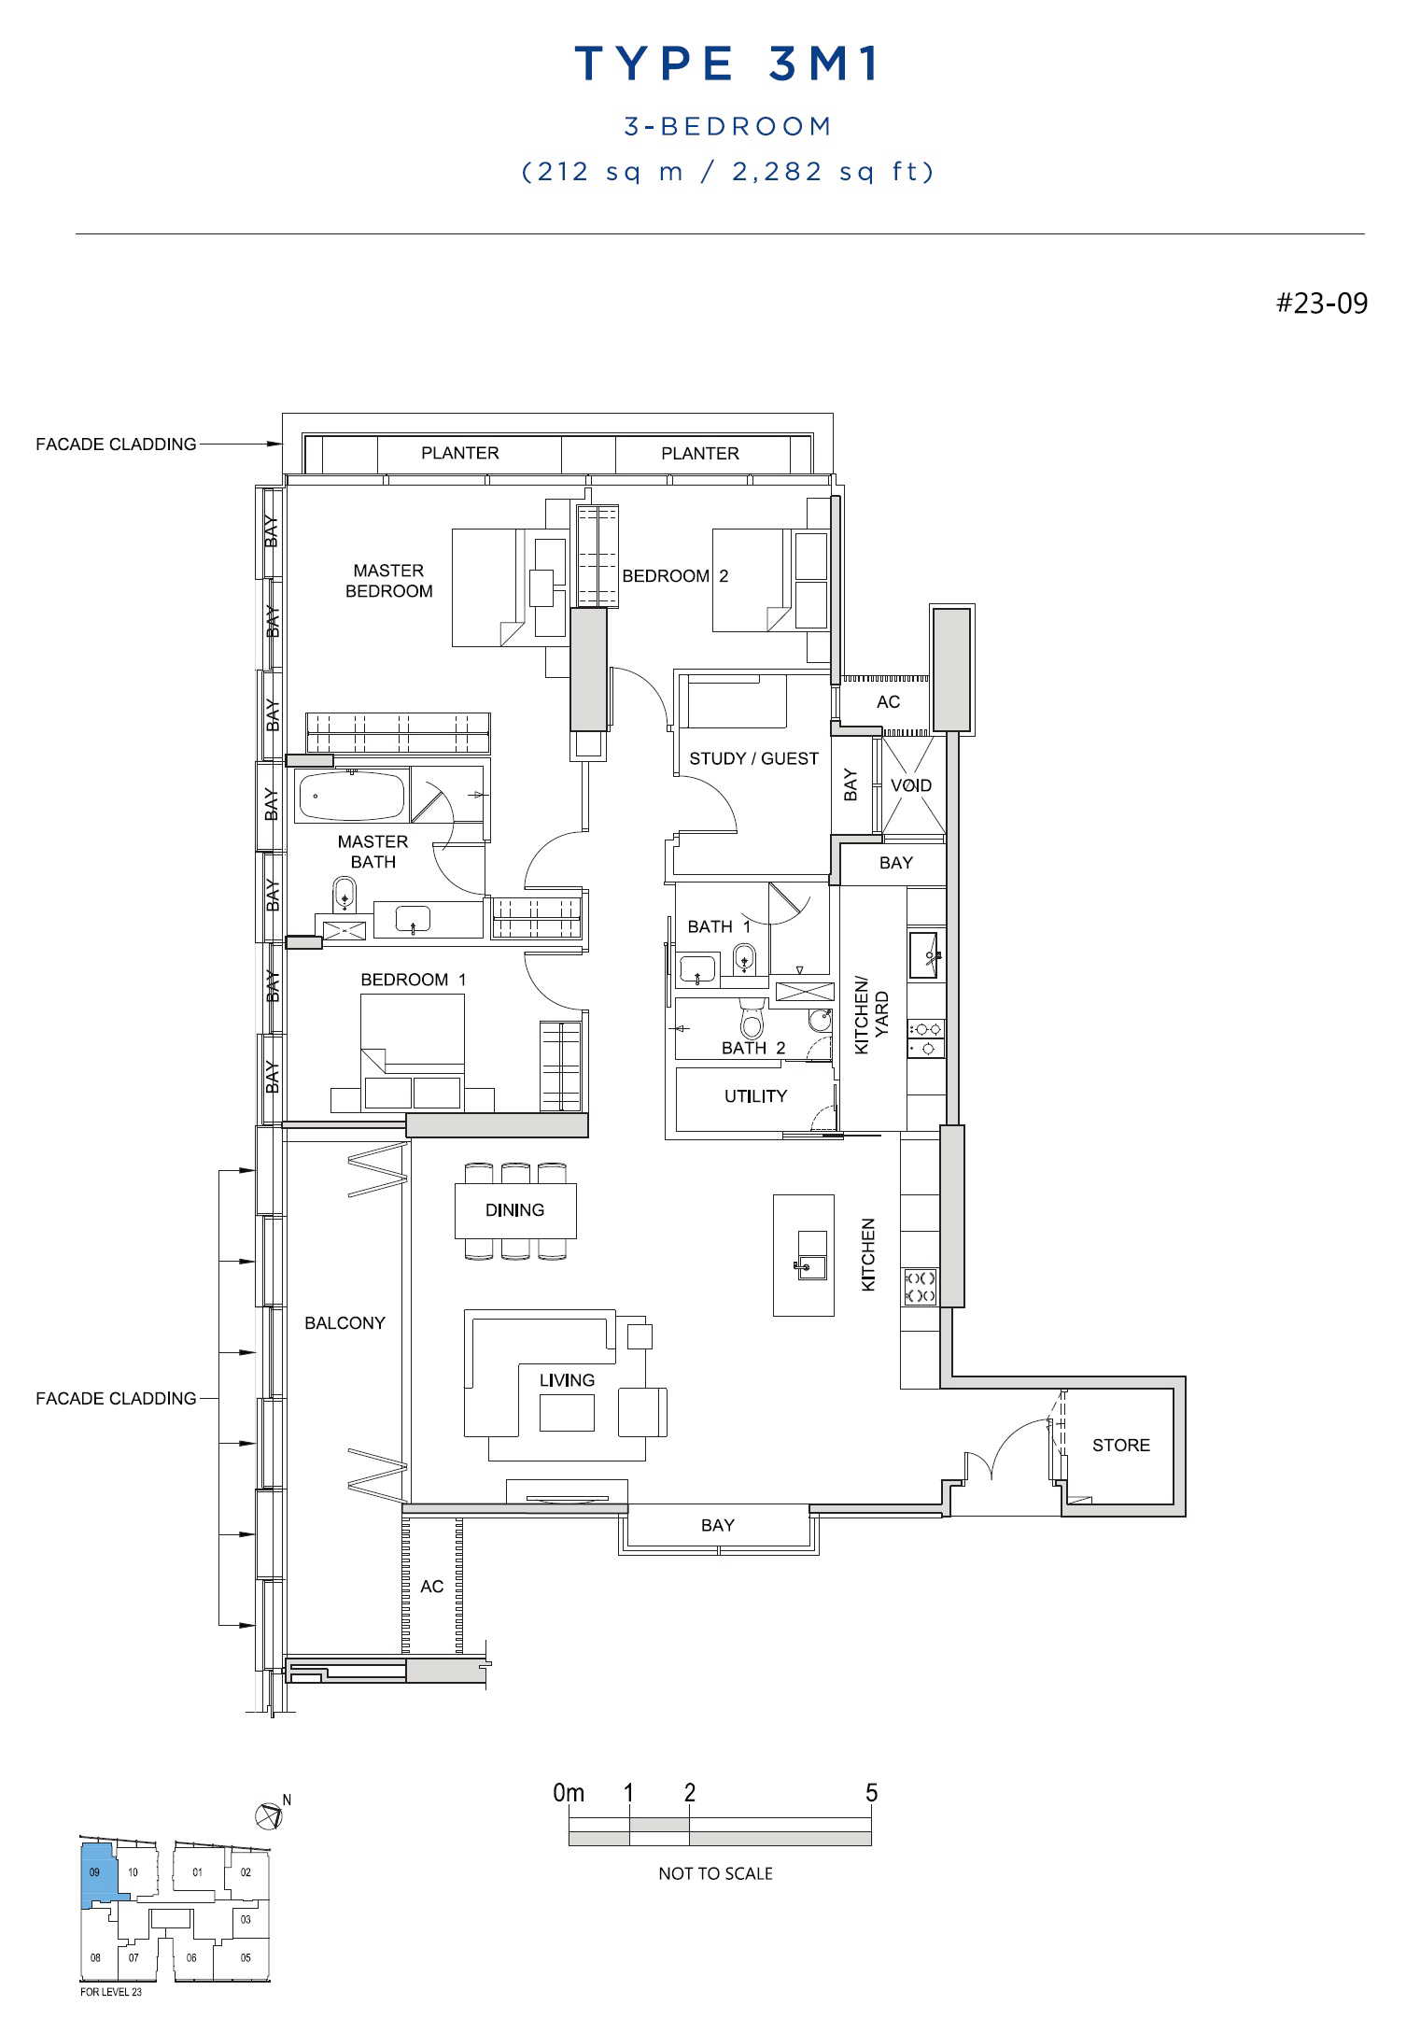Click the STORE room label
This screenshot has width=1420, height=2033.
(1120, 1445)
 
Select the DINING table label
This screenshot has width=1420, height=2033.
(514, 1209)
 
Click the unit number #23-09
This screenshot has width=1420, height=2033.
(1322, 303)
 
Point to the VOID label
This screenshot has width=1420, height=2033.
(910, 785)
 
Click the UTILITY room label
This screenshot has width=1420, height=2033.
(755, 1095)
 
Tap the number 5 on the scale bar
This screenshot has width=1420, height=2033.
(871, 1792)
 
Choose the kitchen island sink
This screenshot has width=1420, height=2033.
(811, 1255)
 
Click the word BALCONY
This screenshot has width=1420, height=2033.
(344, 1322)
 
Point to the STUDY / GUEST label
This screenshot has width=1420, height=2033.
(753, 758)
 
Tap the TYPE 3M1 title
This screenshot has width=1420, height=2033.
(727, 64)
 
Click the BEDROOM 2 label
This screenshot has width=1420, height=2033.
(675, 576)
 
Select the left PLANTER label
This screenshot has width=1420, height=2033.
(459, 453)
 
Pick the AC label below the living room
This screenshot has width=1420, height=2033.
(431, 1586)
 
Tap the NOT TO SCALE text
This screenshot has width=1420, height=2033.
(715, 1873)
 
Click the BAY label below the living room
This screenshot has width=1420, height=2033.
(717, 1525)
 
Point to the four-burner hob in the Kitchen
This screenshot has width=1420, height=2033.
(920, 1287)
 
